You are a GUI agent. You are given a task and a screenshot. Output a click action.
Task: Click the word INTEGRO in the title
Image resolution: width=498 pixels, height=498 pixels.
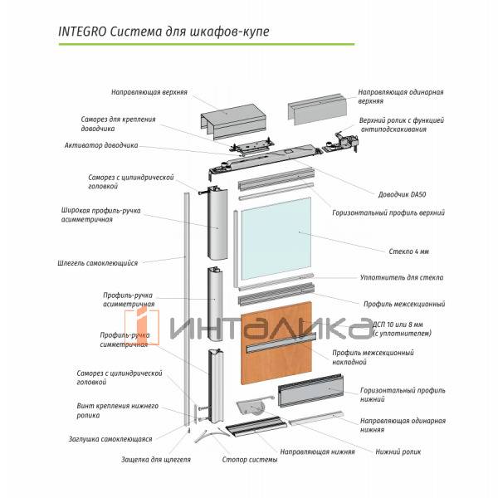tap(82, 32)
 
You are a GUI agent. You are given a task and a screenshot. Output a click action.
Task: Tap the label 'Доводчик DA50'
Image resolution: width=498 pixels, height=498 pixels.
tap(402, 194)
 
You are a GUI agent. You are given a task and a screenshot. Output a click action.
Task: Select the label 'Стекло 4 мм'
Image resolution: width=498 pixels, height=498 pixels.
tap(408, 251)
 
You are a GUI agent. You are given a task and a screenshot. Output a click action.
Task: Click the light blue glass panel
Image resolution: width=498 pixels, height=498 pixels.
tap(276, 239)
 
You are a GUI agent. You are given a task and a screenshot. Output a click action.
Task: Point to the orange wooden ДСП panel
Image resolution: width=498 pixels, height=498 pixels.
tap(276, 343)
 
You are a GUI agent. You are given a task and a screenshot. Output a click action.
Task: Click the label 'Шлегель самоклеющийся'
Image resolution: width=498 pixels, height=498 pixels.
tap(97, 263)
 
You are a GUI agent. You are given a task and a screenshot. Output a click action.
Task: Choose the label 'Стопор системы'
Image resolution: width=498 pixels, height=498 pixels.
tap(250, 460)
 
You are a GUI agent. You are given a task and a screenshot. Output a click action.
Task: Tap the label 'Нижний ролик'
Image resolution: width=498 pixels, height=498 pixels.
tap(398, 452)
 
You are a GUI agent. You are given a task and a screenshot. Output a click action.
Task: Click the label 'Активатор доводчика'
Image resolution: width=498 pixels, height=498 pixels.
tap(101, 145)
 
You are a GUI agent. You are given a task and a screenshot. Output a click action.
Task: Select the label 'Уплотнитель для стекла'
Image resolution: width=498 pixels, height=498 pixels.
tap(402, 277)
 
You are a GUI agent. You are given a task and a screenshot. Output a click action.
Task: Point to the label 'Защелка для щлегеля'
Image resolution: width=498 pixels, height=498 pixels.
tap(156, 460)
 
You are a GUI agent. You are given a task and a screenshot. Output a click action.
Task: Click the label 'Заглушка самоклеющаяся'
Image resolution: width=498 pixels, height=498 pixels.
tap(110, 439)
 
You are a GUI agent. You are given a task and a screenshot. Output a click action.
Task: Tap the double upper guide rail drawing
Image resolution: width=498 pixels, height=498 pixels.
tap(233, 121)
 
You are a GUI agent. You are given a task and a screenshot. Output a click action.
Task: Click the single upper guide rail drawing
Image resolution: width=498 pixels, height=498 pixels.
tap(315, 109)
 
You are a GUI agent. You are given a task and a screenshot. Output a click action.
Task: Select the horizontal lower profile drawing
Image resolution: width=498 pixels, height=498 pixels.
tap(310, 391)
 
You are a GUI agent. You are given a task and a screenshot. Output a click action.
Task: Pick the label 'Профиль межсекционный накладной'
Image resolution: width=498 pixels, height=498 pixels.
tap(373, 357)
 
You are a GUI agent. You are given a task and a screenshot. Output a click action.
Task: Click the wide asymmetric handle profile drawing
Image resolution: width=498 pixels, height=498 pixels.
tap(217, 223)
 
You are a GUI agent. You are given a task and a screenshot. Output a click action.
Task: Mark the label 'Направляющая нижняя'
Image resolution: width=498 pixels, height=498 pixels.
tap(317, 452)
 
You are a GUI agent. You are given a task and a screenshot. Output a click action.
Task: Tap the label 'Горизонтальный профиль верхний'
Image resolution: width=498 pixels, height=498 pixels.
tap(388, 212)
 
